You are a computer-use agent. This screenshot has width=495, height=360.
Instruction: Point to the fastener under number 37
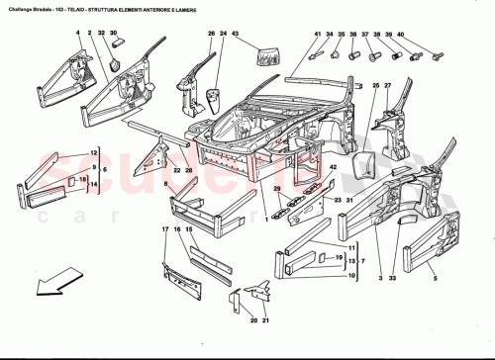click(x=374, y=55)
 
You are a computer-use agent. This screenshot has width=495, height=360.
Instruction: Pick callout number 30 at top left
click(x=115, y=34)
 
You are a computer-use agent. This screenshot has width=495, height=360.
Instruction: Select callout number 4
click(x=76, y=34)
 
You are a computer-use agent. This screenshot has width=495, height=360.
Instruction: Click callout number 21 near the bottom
click(x=252, y=321)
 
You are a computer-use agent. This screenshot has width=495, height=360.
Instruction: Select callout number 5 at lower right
click(x=434, y=280)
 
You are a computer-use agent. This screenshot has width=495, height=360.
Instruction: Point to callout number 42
click(x=334, y=168)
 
